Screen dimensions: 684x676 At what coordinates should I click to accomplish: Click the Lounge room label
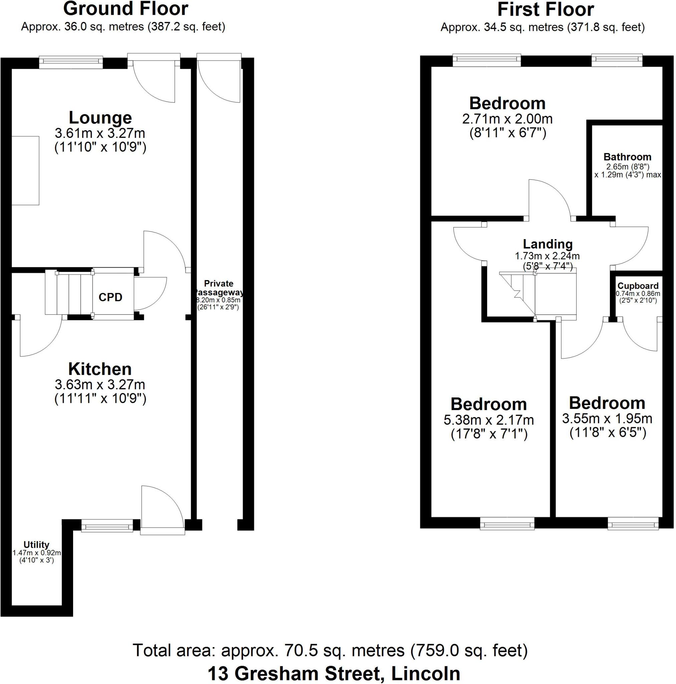tap(100, 118)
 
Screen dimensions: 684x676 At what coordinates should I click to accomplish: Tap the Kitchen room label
tap(100, 369)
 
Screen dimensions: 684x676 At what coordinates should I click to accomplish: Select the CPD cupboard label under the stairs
tap(110, 297)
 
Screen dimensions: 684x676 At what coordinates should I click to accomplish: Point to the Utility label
tap(36, 544)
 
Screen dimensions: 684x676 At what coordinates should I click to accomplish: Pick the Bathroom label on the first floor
tap(627, 157)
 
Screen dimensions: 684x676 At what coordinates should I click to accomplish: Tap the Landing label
tap(548, 244)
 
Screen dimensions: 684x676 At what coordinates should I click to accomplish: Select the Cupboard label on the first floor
tap(638, 286)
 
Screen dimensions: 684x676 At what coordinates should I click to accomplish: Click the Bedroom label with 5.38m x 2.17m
tap(488, 404)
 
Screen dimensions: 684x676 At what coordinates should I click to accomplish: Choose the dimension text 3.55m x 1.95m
tap(607, 418)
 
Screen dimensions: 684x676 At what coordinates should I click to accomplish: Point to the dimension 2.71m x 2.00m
tap(507, 119)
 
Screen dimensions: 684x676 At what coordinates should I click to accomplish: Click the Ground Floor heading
tap(125, 9)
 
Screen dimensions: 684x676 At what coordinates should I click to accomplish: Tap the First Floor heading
tap(546, 10)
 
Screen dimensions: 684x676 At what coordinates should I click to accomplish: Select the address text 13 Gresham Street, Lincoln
tap(334, 673)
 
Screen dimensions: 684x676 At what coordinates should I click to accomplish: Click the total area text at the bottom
tap(330, 650)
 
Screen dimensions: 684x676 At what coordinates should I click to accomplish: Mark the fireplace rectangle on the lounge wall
tap(25, 170)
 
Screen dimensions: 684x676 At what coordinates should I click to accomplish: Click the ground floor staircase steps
tap(69, 293)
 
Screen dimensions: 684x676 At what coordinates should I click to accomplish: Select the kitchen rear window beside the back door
tap(106, 525)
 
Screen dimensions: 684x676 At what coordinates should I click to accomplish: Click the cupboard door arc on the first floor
tap(639, 336)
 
